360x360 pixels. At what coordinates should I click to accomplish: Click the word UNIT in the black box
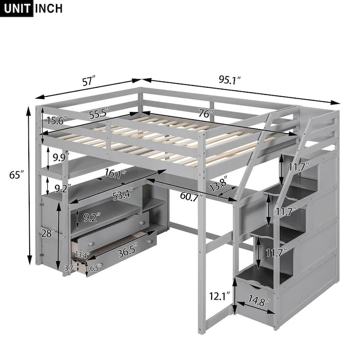17,8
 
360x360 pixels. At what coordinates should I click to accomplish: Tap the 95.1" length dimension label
230,81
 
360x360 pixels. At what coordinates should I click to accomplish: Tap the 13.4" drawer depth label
82,255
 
